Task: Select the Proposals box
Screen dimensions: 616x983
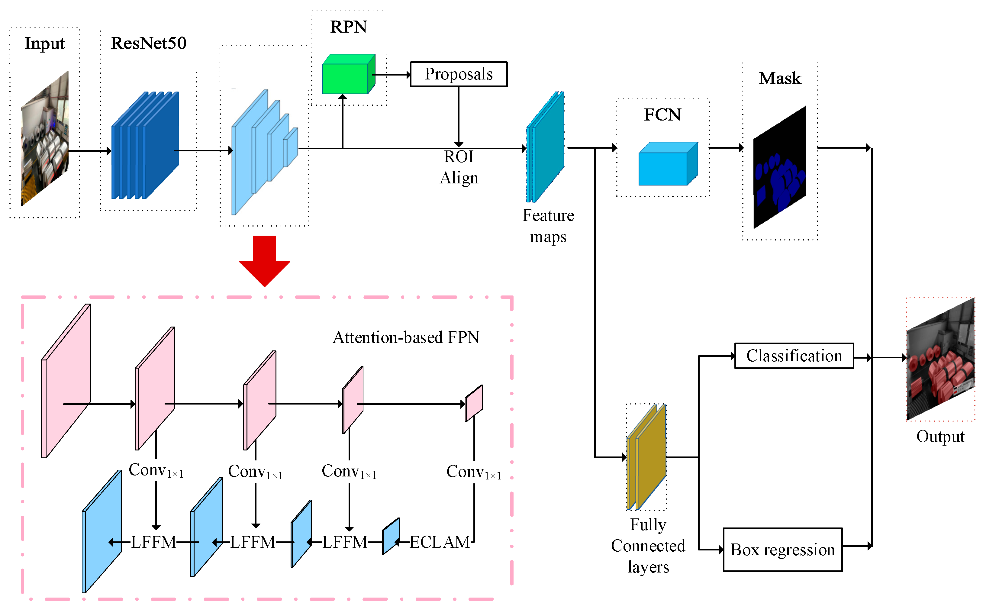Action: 458,74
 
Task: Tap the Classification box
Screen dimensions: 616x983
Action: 793,356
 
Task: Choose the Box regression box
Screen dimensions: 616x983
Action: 782,549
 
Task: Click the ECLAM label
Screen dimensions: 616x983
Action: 439,542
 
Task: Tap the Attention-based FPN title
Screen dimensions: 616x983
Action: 406,337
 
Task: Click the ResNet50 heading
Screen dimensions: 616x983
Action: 149,43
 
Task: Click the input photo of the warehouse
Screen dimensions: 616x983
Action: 45,139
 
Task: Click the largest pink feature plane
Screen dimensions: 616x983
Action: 65,381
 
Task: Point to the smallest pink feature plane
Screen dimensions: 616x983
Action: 474,402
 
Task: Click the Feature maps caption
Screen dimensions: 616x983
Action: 548,226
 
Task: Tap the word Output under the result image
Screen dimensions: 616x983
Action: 940,436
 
